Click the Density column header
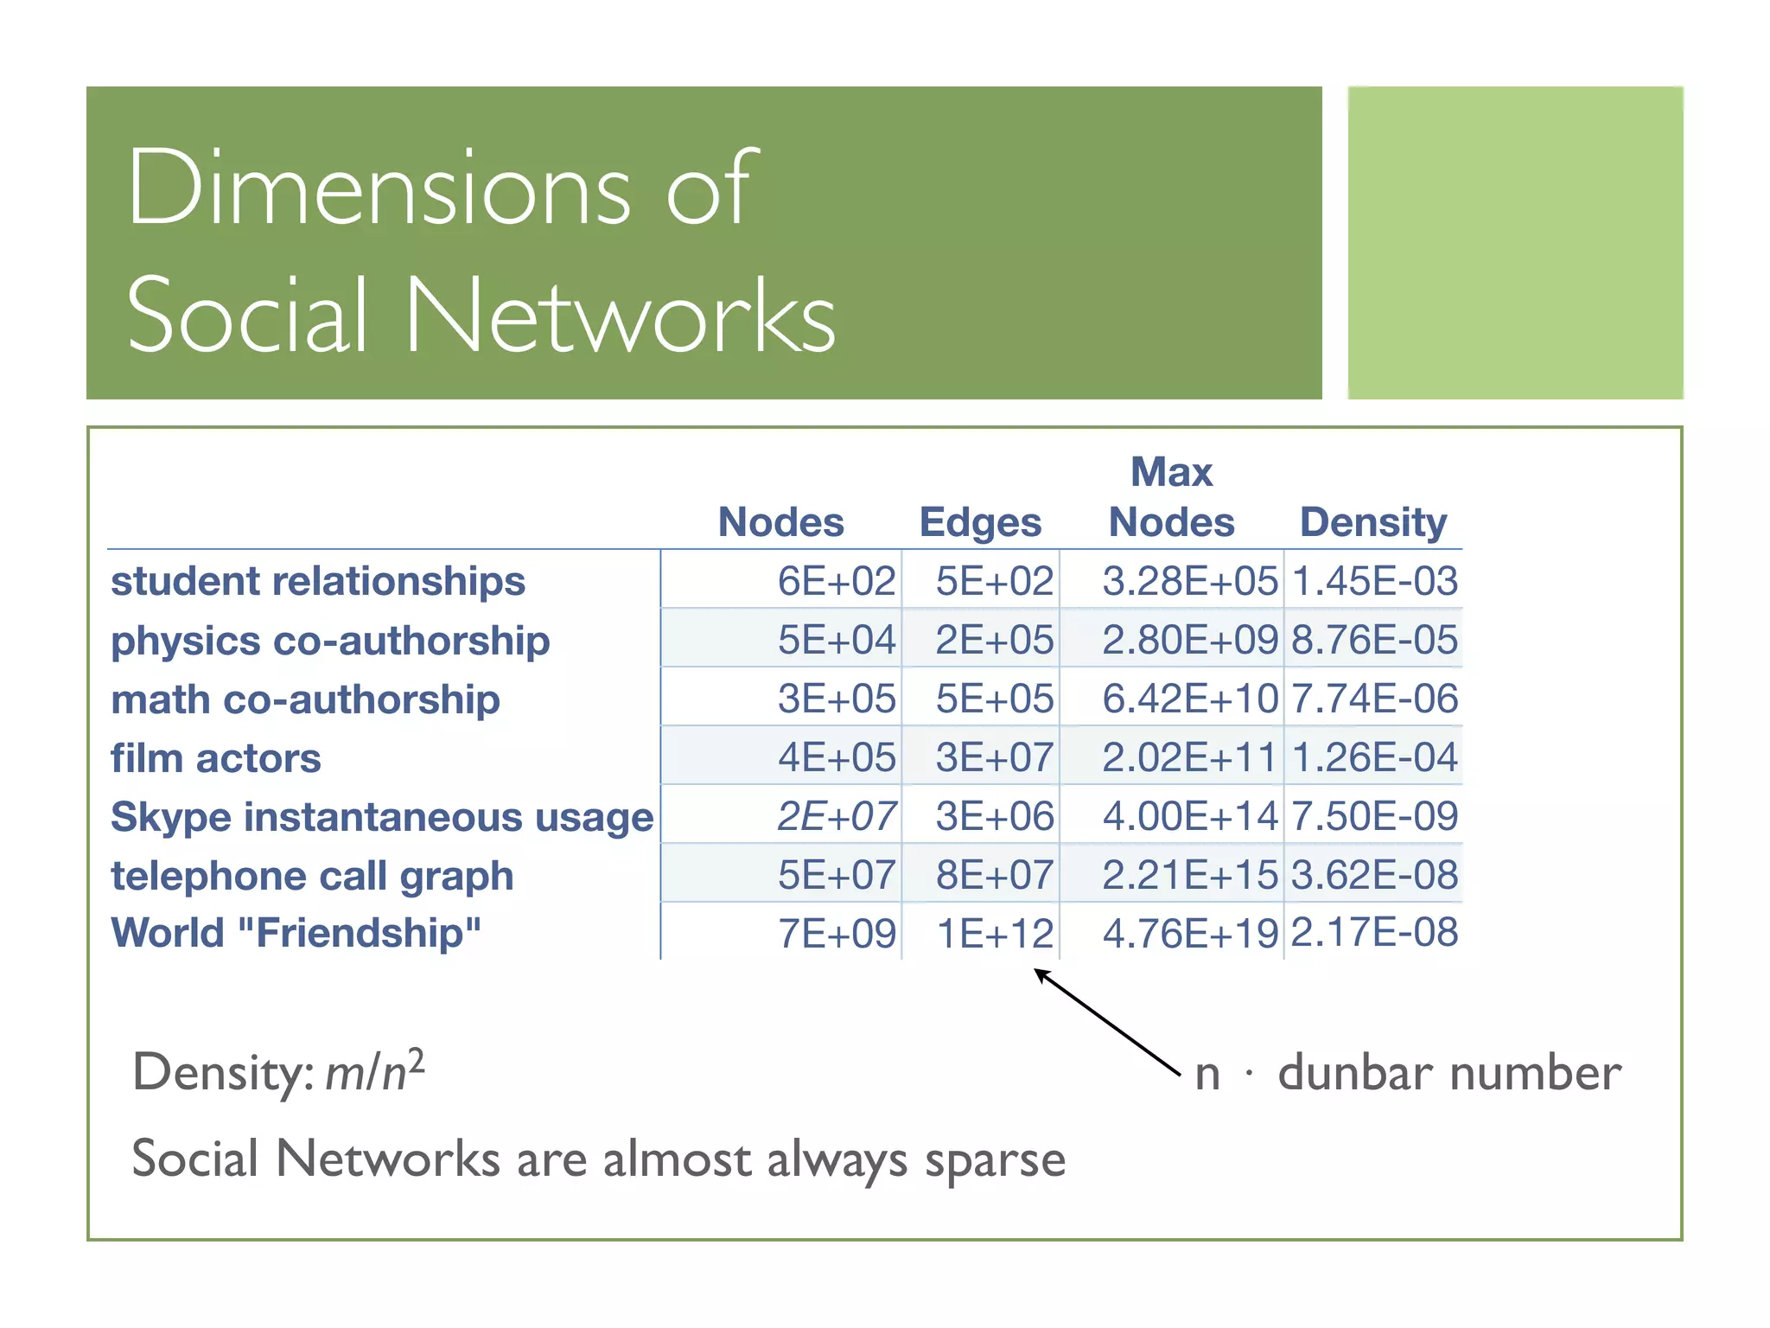tap(1373, 522)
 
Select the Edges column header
tap(980, 522)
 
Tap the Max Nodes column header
tap(1172, 498)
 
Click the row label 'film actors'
tap(216, 758)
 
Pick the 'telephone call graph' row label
tap(312, 876)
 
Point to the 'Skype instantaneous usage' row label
tap(382, 817)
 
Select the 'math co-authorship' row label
tap(305, 699)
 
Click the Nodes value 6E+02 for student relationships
tap(836, 581)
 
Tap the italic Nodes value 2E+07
tap(836, 816)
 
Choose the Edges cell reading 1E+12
tap(995, 934)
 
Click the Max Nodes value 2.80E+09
tap(1189, 640)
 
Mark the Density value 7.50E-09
tap(1374, 816)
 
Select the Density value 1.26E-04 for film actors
tap(1374, 757)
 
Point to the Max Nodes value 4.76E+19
tap(1189, 934)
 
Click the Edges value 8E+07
tap(994, 875)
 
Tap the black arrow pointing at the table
tap(1107, 1022)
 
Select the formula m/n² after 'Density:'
tap(374, 1071)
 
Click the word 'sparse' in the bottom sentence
tap(995, 1160)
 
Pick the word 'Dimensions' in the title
tap(379, 188)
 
